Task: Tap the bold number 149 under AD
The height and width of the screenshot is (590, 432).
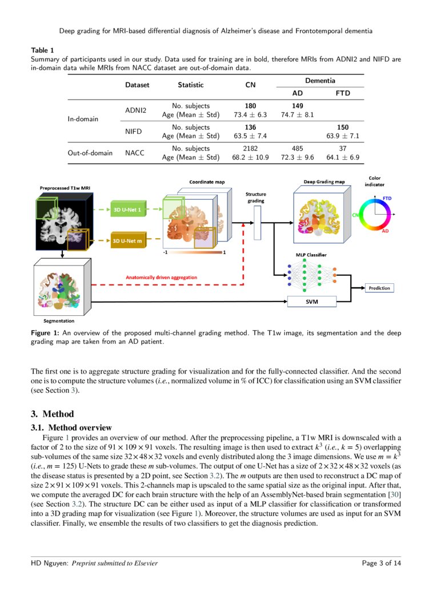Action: [297, 106]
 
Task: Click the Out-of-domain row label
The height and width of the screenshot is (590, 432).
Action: [90, 153]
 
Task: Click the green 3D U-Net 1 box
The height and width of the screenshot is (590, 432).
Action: [127, 209]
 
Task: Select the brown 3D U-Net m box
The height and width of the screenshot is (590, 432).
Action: [127, 241]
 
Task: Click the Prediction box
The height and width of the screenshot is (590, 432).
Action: [379, 288]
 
